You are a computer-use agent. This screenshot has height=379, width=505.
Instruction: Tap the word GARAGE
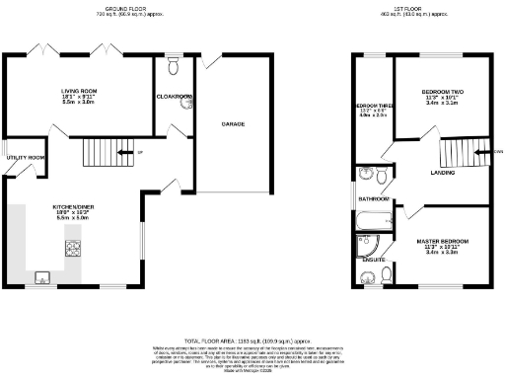[x=233, y=125]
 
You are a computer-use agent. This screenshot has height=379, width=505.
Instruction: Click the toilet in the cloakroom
[x=174, y=66]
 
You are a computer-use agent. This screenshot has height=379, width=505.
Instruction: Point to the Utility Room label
[x=26, y=158]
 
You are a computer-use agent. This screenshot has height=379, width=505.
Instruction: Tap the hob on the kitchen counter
[x=74, y=247]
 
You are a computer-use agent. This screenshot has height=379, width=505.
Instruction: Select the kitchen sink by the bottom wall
[x=43, y=275]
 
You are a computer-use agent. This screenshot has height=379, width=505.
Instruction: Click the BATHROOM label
[x=374, y=198]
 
